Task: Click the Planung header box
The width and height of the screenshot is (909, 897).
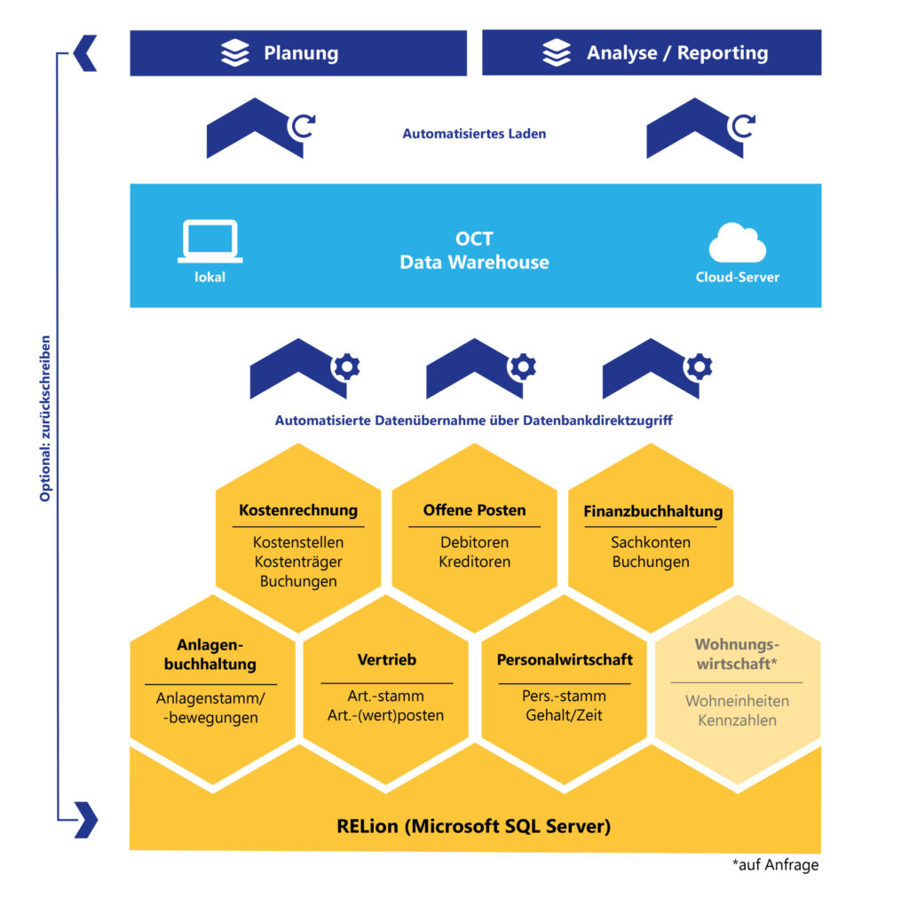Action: coord(298,53)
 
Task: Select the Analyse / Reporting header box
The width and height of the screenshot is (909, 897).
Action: coord(651,53)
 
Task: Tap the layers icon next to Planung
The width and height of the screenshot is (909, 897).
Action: coord(235,53)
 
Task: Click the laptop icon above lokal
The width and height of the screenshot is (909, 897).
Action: coord(209,240)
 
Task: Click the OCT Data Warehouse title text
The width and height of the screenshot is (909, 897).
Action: coord(474,251)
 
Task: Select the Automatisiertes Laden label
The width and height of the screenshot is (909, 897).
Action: coord(474,134)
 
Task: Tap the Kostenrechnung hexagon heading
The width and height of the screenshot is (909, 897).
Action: coord(298,510)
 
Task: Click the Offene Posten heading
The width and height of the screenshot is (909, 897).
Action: coord(474,510)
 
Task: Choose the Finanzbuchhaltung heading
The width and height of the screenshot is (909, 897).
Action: coord(652,512)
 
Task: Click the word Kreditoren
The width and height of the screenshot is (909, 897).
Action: coord(474,562)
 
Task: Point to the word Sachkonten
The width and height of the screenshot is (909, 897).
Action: coord(650,542)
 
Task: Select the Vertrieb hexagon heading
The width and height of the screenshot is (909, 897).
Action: coord(386,660)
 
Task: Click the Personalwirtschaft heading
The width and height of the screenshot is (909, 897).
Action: coord(565,660)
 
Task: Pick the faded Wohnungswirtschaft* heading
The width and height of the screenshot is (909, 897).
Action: coord(736,653)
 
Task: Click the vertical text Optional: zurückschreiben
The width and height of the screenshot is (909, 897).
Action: coord(45,418)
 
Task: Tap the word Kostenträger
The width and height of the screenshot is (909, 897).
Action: coord(298,562)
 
